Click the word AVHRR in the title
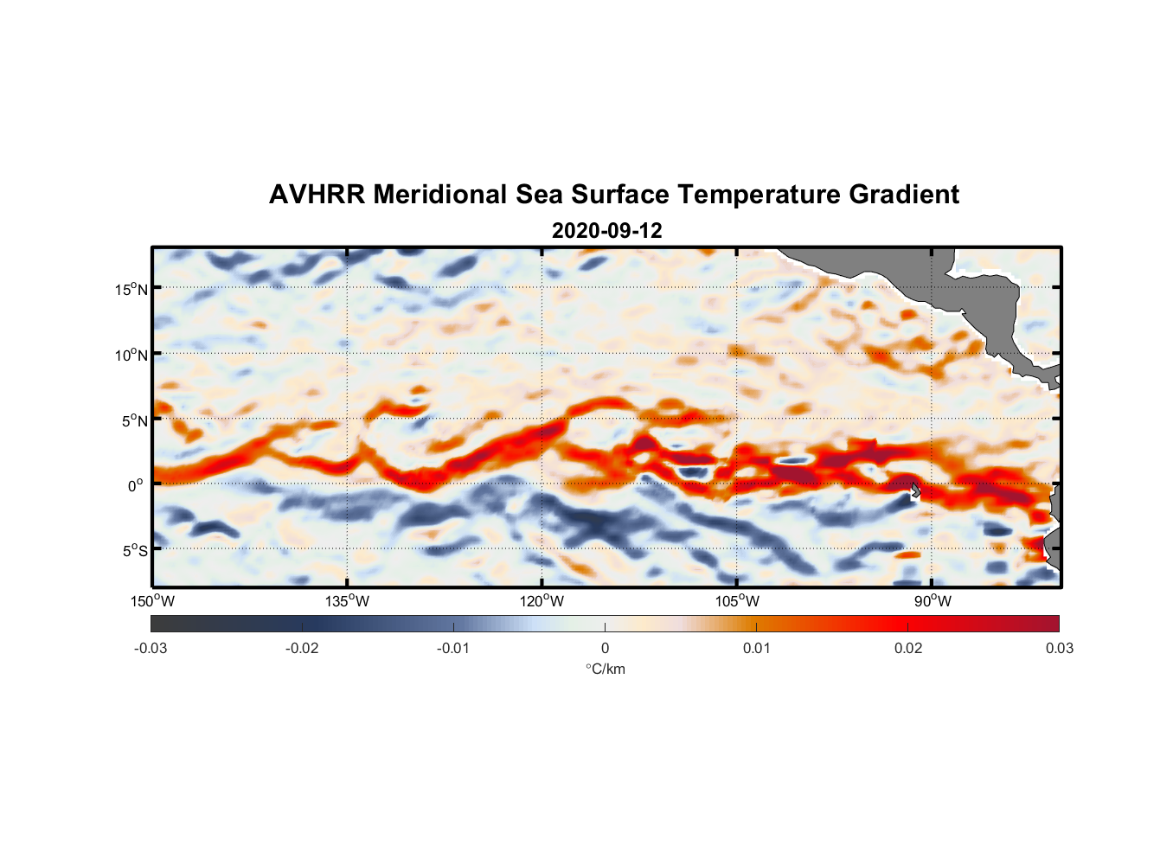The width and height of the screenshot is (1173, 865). point(317,195)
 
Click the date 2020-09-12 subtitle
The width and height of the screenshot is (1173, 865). point(606,231)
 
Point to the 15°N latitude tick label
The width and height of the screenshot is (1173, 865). point(131,289)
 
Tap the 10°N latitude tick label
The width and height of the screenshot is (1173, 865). point(131,355)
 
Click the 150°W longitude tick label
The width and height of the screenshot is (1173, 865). point(153,602)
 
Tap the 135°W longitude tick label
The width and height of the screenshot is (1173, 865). point(348,602)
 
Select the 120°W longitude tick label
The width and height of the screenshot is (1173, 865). point(542,602)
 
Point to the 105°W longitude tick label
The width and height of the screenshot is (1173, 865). point(737,602)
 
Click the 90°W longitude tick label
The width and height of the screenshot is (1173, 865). point(933,602)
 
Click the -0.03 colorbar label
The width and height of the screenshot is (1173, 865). point(151,649)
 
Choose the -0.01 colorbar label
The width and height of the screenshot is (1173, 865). point(453,649)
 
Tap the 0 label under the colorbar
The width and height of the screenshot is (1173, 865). point(605,649)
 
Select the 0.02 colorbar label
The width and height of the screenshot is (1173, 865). point(908,649)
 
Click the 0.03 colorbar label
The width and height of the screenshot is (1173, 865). point(1059,649)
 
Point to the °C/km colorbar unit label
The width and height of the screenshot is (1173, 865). point(606,670)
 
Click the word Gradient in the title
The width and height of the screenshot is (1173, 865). point(904,195)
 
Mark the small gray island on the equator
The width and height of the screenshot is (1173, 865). point(915,490)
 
